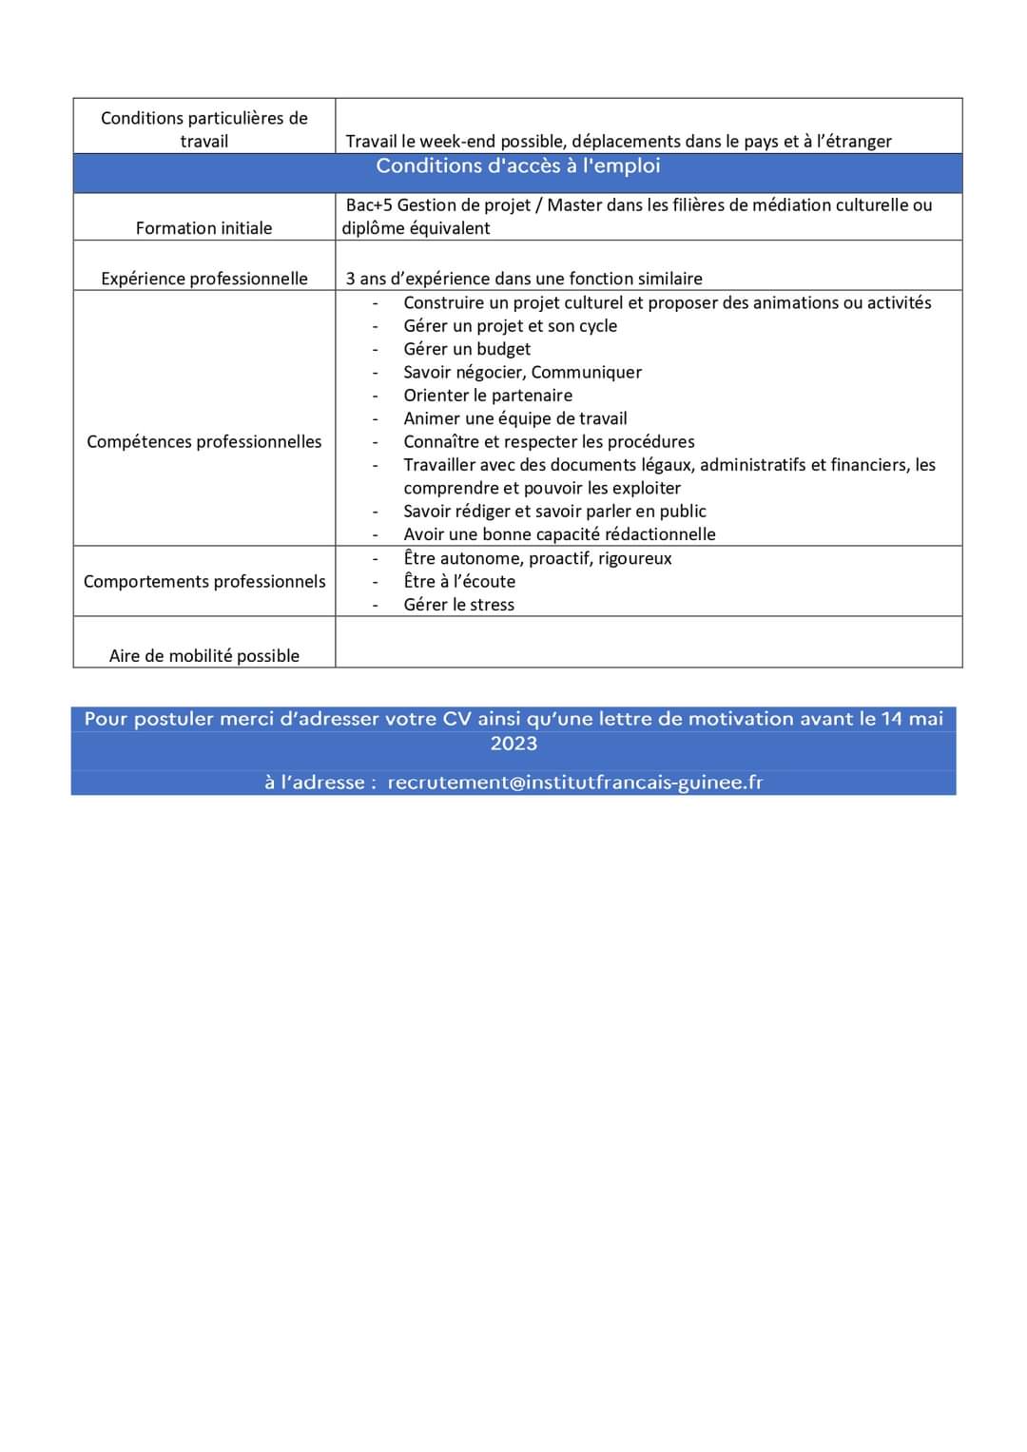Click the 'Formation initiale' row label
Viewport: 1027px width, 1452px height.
(203, 228)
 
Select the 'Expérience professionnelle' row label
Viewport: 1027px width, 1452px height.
(203, 279)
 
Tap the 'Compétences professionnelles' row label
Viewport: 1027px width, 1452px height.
(203, 441)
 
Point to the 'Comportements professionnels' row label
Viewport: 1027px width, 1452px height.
(203, 581)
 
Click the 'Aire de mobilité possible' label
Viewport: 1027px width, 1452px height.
(203, 655)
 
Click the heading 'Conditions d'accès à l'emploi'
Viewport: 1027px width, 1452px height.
(517, 166)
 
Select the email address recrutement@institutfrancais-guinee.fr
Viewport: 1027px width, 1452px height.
(574, 783)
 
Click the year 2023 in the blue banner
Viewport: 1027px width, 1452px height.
(513, 744)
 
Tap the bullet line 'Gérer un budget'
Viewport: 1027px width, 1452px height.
(467, 349)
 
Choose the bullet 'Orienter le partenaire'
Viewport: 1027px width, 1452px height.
(488, 396)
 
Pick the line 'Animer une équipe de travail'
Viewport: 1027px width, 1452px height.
(514, 418)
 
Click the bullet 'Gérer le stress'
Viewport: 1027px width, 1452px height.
(458, 605)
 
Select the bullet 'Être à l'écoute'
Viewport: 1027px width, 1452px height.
(459, 581)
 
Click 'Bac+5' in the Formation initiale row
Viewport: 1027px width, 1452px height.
(369, 205)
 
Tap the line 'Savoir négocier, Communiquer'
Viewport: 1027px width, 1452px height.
(522, 372)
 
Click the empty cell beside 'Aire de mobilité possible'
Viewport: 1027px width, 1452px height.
(649, 643)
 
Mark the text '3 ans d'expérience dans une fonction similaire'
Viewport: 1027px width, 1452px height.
(524, 279)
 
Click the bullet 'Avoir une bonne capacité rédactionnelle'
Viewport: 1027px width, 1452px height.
(559, 534)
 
